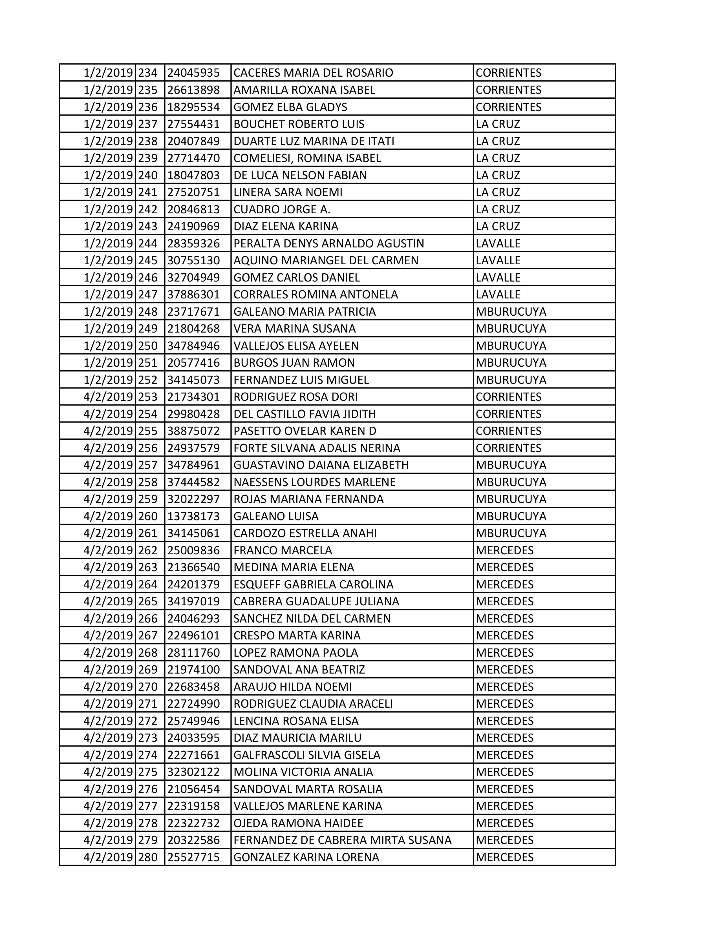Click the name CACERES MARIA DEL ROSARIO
(313, 73)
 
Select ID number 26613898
(193, 90)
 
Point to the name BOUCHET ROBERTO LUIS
(299, 124)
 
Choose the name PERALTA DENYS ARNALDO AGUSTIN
(328, 243)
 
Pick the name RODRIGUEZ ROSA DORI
(295, 397)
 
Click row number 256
(148, 448)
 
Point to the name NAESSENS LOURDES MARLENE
(314, 482)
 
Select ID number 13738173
(193, 516)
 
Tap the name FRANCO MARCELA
(283, 550)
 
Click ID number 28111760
(193, 652)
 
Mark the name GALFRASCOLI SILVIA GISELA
(307, 754)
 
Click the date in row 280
(108, 857)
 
